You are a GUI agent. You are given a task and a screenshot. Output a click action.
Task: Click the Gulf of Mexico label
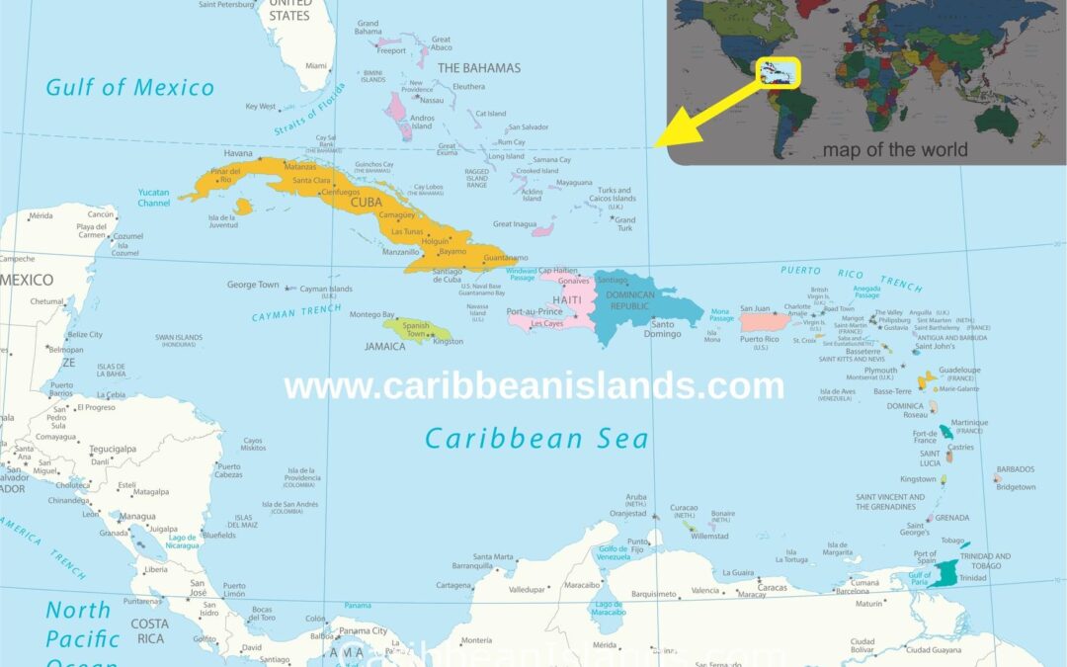point(129,87)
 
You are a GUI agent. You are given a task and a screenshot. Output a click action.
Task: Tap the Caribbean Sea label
point(535,438)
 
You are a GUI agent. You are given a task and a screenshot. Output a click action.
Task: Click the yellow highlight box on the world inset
point(779,72)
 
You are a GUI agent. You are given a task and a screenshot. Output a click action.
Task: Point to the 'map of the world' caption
point(895,150)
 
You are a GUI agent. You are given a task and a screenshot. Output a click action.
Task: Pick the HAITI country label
point(567,299)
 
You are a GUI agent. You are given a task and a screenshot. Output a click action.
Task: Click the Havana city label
point(238,154)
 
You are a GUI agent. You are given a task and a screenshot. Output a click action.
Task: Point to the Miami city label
point(316,65)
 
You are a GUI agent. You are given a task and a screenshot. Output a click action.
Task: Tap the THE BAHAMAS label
point(478,68)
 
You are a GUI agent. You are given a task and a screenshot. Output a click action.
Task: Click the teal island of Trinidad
point(944,573)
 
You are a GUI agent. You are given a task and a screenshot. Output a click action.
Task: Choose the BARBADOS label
point(1016,469)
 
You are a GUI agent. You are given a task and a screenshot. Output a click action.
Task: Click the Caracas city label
point(772,587)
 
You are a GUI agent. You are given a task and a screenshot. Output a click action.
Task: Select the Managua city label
point(136,516)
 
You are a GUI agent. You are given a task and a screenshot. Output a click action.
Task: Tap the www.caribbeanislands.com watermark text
point(533,385)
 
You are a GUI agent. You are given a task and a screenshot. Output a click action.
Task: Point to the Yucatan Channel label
point(153,198)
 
